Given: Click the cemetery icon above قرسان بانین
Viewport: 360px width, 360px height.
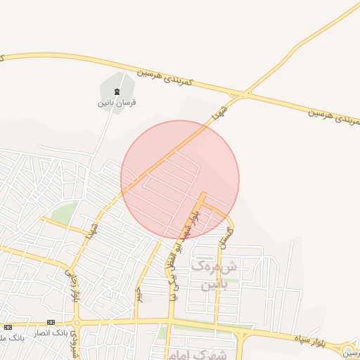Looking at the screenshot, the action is point(117,91).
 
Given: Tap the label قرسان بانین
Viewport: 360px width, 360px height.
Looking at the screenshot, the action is point(117,103).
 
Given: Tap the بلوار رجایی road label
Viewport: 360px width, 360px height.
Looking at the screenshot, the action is point(72,283).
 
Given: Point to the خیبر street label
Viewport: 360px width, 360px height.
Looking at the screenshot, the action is point(139,292).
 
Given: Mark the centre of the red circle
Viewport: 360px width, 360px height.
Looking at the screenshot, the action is point(180,179).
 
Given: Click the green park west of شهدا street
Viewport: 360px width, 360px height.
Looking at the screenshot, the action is point(65,214).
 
